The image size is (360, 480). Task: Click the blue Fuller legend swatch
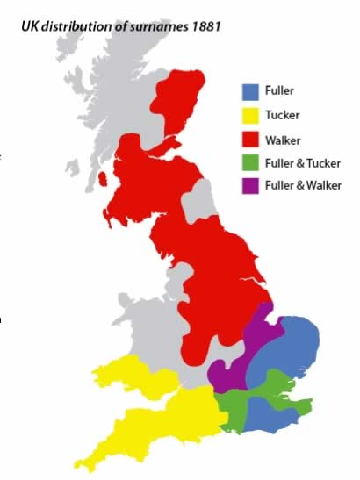251,90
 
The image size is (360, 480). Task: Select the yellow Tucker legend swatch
251,114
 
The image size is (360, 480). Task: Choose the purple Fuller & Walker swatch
251,185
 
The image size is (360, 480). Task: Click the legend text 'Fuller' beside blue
279,90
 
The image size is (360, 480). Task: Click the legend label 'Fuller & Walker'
303,185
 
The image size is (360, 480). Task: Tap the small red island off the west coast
104,180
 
